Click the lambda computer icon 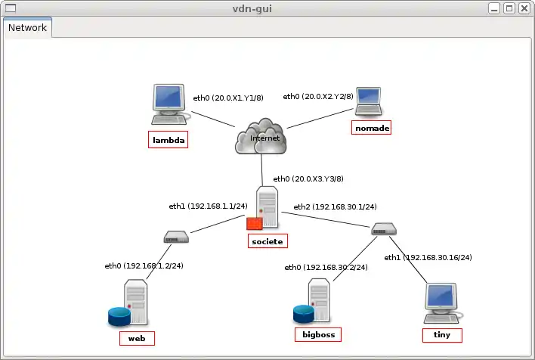click(170, 104)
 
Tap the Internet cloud click(261, 138)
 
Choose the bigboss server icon click(313, 302)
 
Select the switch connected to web click(176, 237)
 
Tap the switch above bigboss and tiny click(382, 229)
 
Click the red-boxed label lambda click(168, 141)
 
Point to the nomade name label click(372, 128)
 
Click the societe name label click(268, 241)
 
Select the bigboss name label click(317, 334)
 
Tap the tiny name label click(442, 334)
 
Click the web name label click(137, 337)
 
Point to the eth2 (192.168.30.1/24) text click(335, 206)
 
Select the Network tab click(27, 28)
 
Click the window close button click(525, 8)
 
